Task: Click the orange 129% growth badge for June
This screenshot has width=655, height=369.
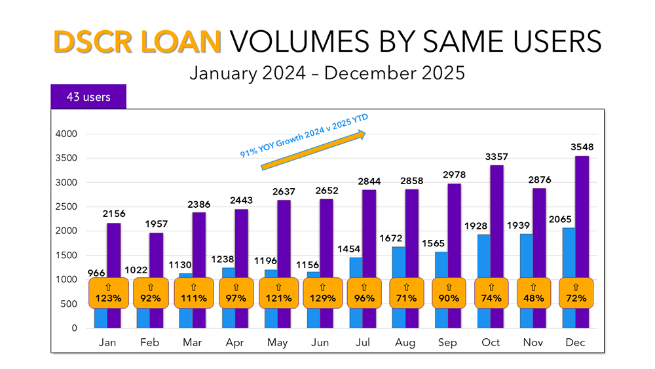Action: [x=322, y=293]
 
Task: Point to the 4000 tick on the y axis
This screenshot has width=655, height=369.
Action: [x=66, y=134]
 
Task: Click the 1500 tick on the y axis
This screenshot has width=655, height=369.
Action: [x=66, y=256]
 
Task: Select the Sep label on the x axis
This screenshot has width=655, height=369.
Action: [x=448, y=342]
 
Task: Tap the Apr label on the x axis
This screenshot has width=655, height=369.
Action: [x=235, y=342]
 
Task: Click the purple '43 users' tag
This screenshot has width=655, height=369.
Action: [x=88, y=97]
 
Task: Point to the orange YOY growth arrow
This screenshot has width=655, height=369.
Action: [x=313, y=151]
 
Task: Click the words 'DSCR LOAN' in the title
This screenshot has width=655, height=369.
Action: [x=137, y=42]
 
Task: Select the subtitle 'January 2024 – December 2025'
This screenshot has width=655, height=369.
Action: [x=327, y=72]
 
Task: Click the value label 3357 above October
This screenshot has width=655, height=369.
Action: [x=496, y=157]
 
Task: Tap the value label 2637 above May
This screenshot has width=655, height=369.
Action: [x=284, y=191]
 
